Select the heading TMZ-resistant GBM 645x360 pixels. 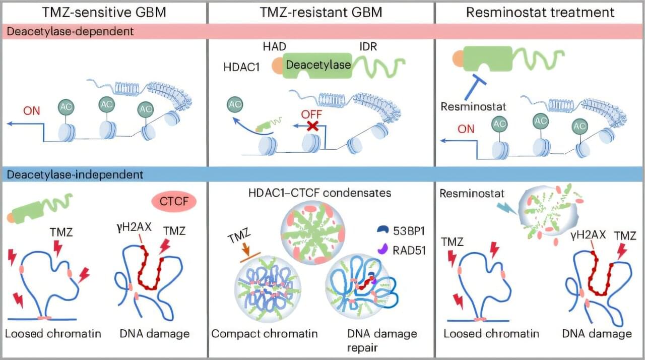pos(320,12)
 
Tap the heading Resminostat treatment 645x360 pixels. pos(540,12)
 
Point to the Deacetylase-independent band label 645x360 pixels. pos(75,174)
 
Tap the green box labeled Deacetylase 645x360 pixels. pos(318,65)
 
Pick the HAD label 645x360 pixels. pos(275,46)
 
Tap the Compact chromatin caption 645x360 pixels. pos(265,334)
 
